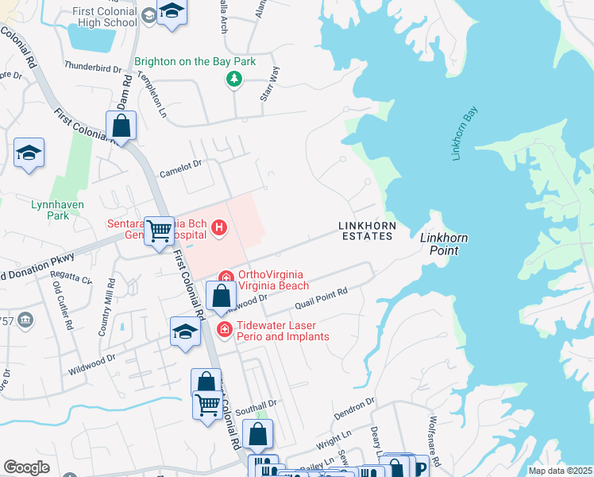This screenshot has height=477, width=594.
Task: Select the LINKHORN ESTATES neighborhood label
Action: tap(367, 231)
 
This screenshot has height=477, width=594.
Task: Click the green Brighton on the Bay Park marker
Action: tap(233, 78)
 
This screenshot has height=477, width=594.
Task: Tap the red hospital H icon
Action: tap(220, 231)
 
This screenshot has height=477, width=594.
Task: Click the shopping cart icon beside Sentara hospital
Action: tap(160, 230)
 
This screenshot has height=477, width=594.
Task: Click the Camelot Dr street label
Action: tap(181, 164)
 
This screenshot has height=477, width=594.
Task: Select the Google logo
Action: tap(26, 467)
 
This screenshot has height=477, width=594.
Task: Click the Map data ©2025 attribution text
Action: tap(560, 471)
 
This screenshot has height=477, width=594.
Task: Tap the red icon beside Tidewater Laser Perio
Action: tap(225, 329)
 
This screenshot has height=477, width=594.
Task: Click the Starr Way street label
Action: tap(270, 83)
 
